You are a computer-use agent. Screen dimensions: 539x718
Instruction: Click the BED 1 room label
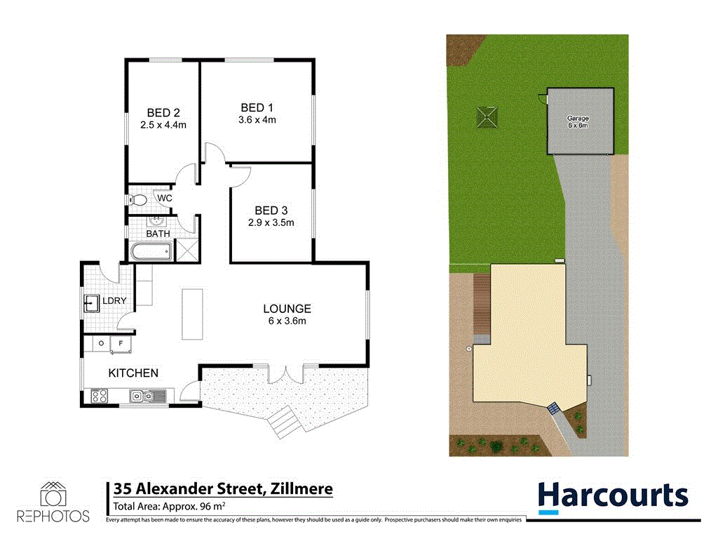point(257,107)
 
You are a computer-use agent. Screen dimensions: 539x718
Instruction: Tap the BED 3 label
point(271,211)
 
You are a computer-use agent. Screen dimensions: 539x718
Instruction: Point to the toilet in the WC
point(137,200)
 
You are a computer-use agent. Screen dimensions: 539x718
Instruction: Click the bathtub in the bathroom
point(151,251)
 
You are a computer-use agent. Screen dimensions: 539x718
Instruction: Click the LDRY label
point(114,301)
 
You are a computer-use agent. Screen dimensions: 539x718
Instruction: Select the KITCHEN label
point(133,373)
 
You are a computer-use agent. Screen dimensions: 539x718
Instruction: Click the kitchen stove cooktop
point(97,397)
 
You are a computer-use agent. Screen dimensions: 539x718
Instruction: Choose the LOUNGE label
point(287,308)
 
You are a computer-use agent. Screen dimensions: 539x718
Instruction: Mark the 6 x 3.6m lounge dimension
point(287,321)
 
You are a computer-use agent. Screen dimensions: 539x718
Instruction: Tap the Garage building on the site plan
point(579,121)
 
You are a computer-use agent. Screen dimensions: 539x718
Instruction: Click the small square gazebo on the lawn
point(487,117)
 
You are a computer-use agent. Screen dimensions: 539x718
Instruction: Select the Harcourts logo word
point(613,495)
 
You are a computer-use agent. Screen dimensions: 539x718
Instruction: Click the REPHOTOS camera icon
point(53,495)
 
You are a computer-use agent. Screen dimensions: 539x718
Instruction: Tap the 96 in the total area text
point(207,506)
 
